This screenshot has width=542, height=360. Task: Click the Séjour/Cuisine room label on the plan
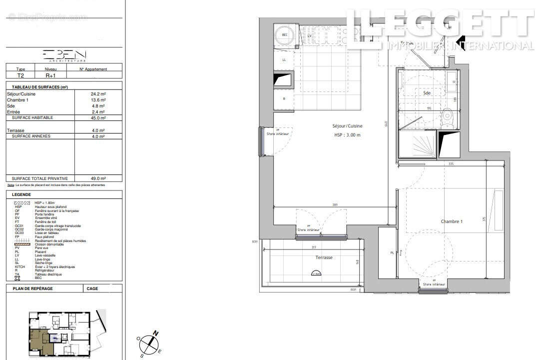pos(348,126)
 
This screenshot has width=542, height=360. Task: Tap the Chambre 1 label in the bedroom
pos(451,221)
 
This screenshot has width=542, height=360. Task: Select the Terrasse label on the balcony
pos(324,257)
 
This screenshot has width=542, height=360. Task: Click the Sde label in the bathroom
pos(427,93)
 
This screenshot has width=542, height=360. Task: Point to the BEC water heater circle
pos(285,34)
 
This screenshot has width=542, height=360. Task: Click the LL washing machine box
pos(284,59)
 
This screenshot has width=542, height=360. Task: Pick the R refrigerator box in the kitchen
pos(284,99)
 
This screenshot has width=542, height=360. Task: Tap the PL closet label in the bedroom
pos(392,253)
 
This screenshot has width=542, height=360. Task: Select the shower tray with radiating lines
pos(417,144)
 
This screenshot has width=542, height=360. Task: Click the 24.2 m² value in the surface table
pos(98,94)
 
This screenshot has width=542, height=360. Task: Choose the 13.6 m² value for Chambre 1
pos(98,100)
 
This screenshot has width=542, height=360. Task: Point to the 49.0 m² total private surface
pos(98,178)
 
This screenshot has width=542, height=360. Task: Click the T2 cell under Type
pos(20,76)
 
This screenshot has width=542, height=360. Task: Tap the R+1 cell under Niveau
pos(50,76)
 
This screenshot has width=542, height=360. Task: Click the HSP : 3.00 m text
pos(347,135)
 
